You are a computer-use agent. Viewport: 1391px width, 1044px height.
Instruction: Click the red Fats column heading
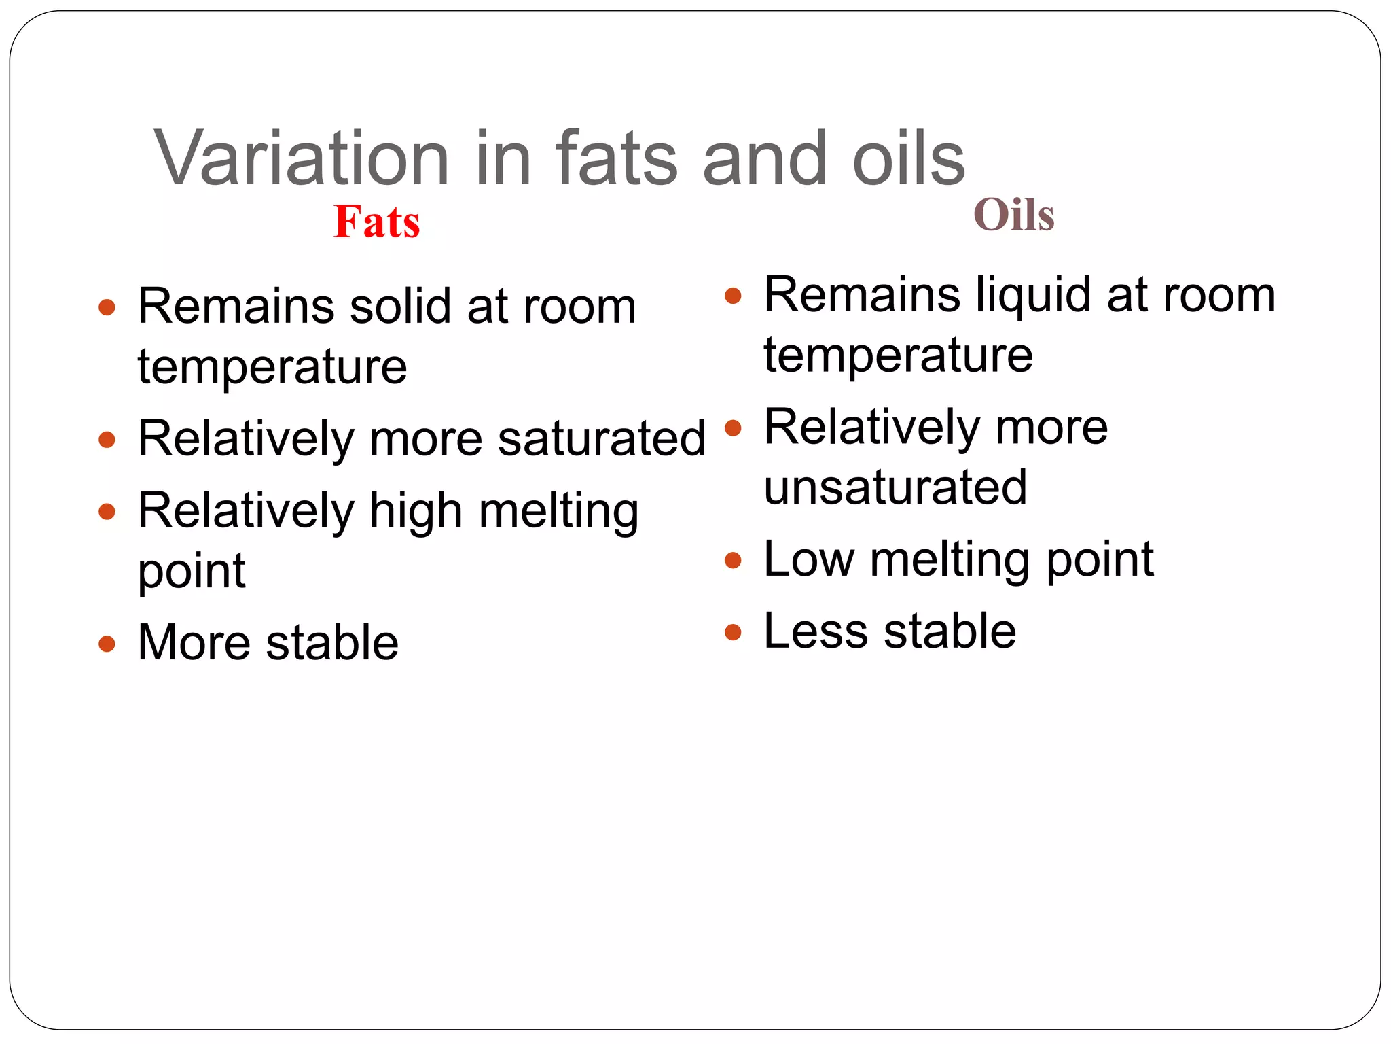(x=377, y=222)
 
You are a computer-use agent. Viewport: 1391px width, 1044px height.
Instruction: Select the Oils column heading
(x=1013, y=215)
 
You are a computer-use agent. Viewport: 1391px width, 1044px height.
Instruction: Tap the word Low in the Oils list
(x=808, y=559)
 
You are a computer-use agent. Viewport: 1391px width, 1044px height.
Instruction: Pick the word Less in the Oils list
(x=816, y=631)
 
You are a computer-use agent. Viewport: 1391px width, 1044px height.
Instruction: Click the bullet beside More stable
(x=107, y=643)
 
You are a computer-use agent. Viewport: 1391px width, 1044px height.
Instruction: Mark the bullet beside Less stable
(x=732, y=632)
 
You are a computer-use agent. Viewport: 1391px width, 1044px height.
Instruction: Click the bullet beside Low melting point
(x=732, y=561)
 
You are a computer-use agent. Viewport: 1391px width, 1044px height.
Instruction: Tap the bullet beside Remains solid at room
(x=107, y=307)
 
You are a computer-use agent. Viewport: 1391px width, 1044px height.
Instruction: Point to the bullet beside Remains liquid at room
(x=732, y=296)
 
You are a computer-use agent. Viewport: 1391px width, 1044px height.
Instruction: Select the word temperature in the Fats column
(x=272, y=367)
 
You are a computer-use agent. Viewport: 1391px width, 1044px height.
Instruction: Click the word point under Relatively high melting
(x=192, y=571)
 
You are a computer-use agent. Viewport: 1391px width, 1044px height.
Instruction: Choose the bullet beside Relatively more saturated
(x=107, y=439)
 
